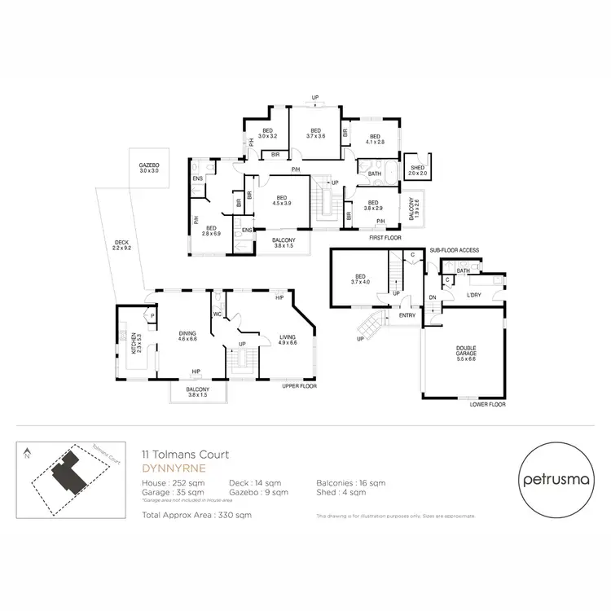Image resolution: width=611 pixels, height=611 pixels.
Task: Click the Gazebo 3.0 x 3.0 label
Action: (x=149, y=168)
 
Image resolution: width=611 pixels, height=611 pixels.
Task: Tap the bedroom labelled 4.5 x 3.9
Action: (x=281, y=200)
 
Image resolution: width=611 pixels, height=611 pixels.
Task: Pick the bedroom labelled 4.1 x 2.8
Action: (x=375, y=138)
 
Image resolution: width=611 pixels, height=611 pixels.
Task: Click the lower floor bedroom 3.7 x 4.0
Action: (x=358, y=278)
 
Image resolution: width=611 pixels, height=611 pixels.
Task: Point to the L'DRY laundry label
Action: (x=474, y=295)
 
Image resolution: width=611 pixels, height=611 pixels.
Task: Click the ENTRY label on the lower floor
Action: (x=407, y=315)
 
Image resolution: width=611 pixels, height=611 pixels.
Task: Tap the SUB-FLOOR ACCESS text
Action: (x=455, y=249)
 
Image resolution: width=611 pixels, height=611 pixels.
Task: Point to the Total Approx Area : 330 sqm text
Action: (x=196, y=515)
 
